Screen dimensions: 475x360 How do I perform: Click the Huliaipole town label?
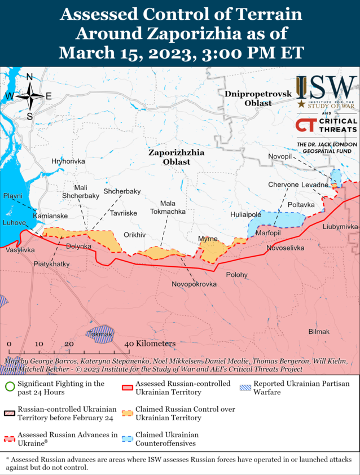click(x=245, y=214)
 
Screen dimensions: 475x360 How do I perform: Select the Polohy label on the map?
click(x=236, y=275)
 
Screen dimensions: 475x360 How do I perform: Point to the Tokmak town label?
click(x=101, y=335)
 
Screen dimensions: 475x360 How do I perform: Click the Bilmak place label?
click(x=319, y=331)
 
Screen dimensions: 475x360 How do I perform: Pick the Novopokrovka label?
click(x=194, y=284)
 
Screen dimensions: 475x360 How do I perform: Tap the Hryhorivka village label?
click(x=68, y=161)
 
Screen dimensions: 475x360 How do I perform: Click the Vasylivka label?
click(x=20, y=249)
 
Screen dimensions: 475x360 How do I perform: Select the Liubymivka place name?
click(x=340, y=226)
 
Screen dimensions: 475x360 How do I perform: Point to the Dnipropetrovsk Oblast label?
click(x=250, y=98)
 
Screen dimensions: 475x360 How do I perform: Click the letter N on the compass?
click(x=29, y=77)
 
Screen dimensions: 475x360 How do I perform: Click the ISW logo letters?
click(x=326, y=87)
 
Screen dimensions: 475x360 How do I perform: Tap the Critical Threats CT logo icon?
click(x=306, y=126)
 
